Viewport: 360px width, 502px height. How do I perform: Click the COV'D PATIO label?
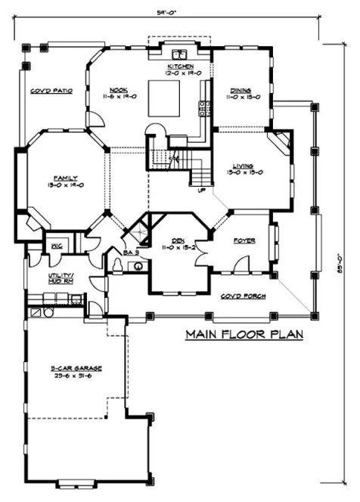[51, 90]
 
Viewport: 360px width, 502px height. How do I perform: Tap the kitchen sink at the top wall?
[181, 54]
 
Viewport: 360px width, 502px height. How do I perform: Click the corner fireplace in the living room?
[282, 141]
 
